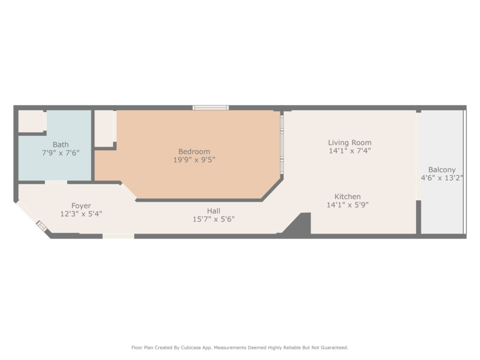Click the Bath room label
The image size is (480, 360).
(x=60, y=144)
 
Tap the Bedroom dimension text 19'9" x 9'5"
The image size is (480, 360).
(x=194, y=160)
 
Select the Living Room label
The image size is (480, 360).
(x=350, y=142)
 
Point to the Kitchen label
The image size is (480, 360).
(x=347, y=196)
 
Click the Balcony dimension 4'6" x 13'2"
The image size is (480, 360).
(x=442, y=178)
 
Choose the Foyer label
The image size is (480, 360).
(x=81, y=206)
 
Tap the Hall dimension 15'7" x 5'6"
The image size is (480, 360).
(x=213, y=219)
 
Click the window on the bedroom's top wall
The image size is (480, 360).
(x=210, y=107)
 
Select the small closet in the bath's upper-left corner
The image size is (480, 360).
(x=31, y=121)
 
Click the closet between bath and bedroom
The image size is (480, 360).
(x=104, y=128)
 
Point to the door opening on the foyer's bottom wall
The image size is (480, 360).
(x=118, y=236)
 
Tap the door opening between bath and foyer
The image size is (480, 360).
(x=56, y=182)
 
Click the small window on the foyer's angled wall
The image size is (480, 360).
(x=41, y=226)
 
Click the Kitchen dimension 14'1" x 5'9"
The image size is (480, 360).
(x=347, y=205)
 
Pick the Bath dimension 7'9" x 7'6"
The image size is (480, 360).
(x=60, y=153)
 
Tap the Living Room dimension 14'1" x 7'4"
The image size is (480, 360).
(x=350, y=151)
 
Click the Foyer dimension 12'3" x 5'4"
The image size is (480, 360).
(x=81, y=214)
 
